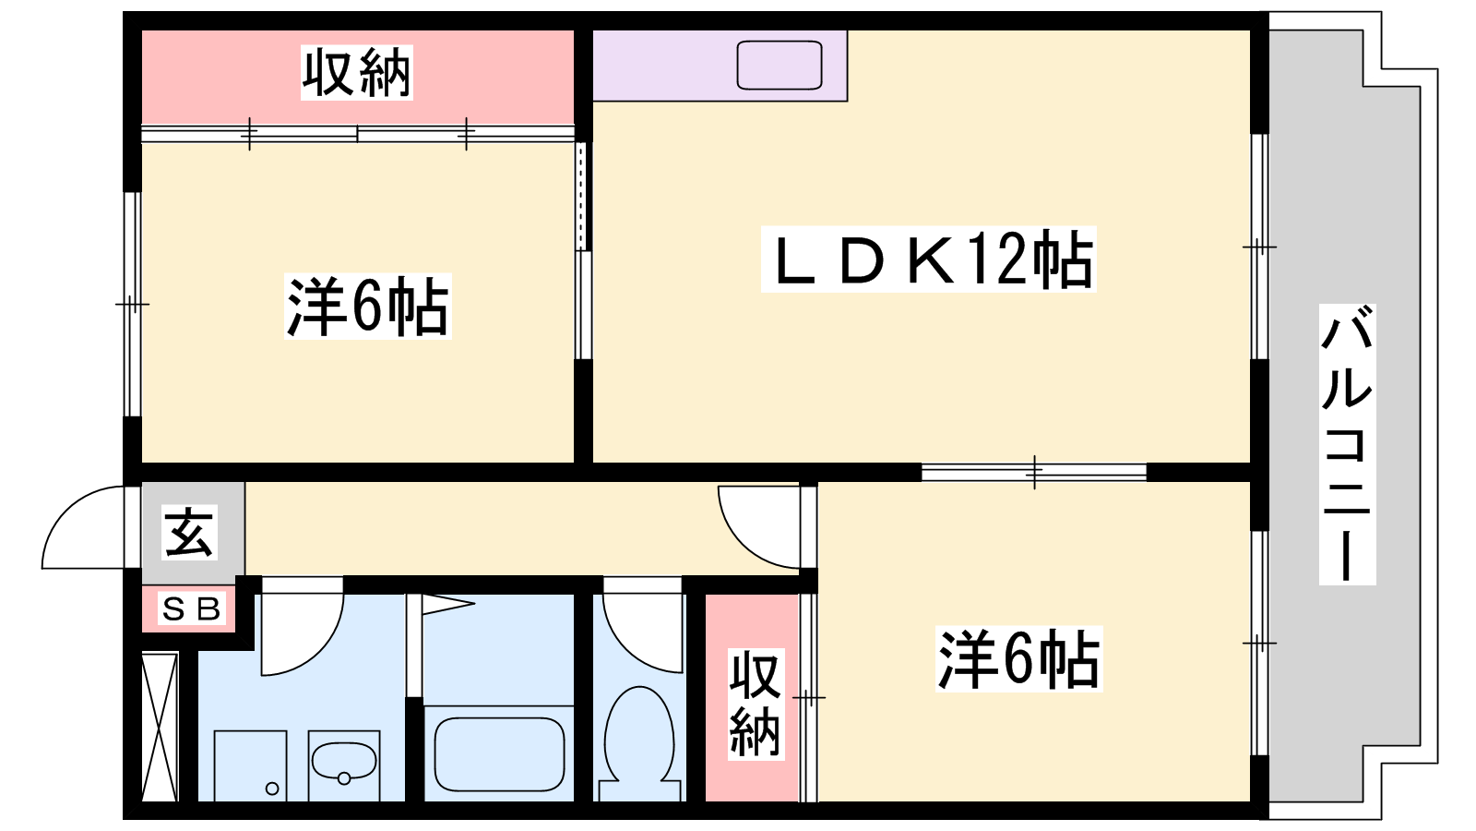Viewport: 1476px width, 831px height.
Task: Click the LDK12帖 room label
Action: click(x=928, y=259)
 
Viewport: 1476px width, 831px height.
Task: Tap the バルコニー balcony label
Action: click(x=1347, y=444)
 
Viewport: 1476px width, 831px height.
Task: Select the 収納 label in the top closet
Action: click(x=356, y=72)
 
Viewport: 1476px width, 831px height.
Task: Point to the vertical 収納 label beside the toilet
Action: click(x=755, y=704)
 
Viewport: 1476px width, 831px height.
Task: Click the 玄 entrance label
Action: click(x=190, y=533)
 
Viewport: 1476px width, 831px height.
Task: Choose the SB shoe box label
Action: click(x=192, y=609)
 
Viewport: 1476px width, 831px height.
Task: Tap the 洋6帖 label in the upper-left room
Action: click(x=367, y=307)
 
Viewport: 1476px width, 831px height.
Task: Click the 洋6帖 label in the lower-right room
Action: click(x=1018, y=659)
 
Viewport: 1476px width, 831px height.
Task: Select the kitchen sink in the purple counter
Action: click(x=780, y=66)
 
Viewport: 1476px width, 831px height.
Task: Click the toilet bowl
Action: click(x=638, y=734)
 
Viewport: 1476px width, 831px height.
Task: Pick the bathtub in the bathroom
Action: click(x=499, y=753)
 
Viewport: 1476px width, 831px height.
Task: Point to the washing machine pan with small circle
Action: click(x=250, y=765)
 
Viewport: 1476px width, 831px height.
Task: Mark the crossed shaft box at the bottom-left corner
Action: click(x=160, y=727)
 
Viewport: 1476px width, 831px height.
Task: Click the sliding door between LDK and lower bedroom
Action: click(x=1033, y=472)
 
